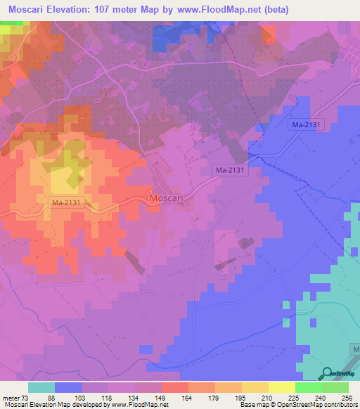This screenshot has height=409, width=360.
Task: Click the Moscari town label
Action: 167,199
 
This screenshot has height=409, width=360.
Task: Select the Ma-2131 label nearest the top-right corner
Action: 307,124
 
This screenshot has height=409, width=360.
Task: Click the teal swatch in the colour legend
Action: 41,387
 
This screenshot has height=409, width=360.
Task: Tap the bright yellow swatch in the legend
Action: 281,387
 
